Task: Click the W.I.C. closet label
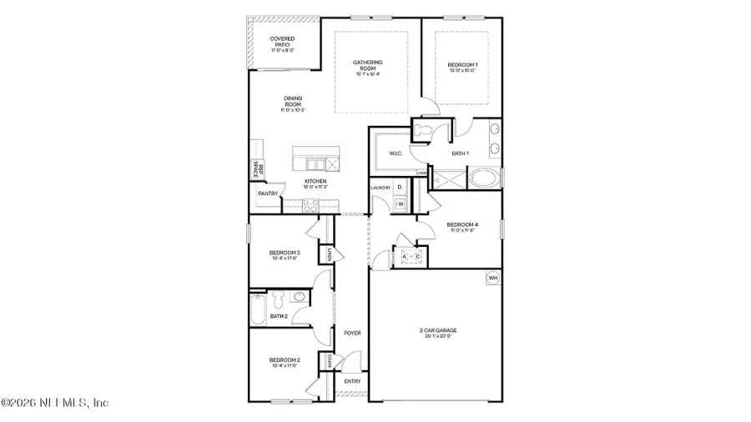pos(396,153)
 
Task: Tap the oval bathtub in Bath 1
pos(485,178)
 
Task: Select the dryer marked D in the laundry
pos(400,188)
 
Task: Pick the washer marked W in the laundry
pos(400,203)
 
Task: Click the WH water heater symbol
pos(493,278)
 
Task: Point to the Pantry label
pos(267,193)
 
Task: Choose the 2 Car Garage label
pos(438,330)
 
